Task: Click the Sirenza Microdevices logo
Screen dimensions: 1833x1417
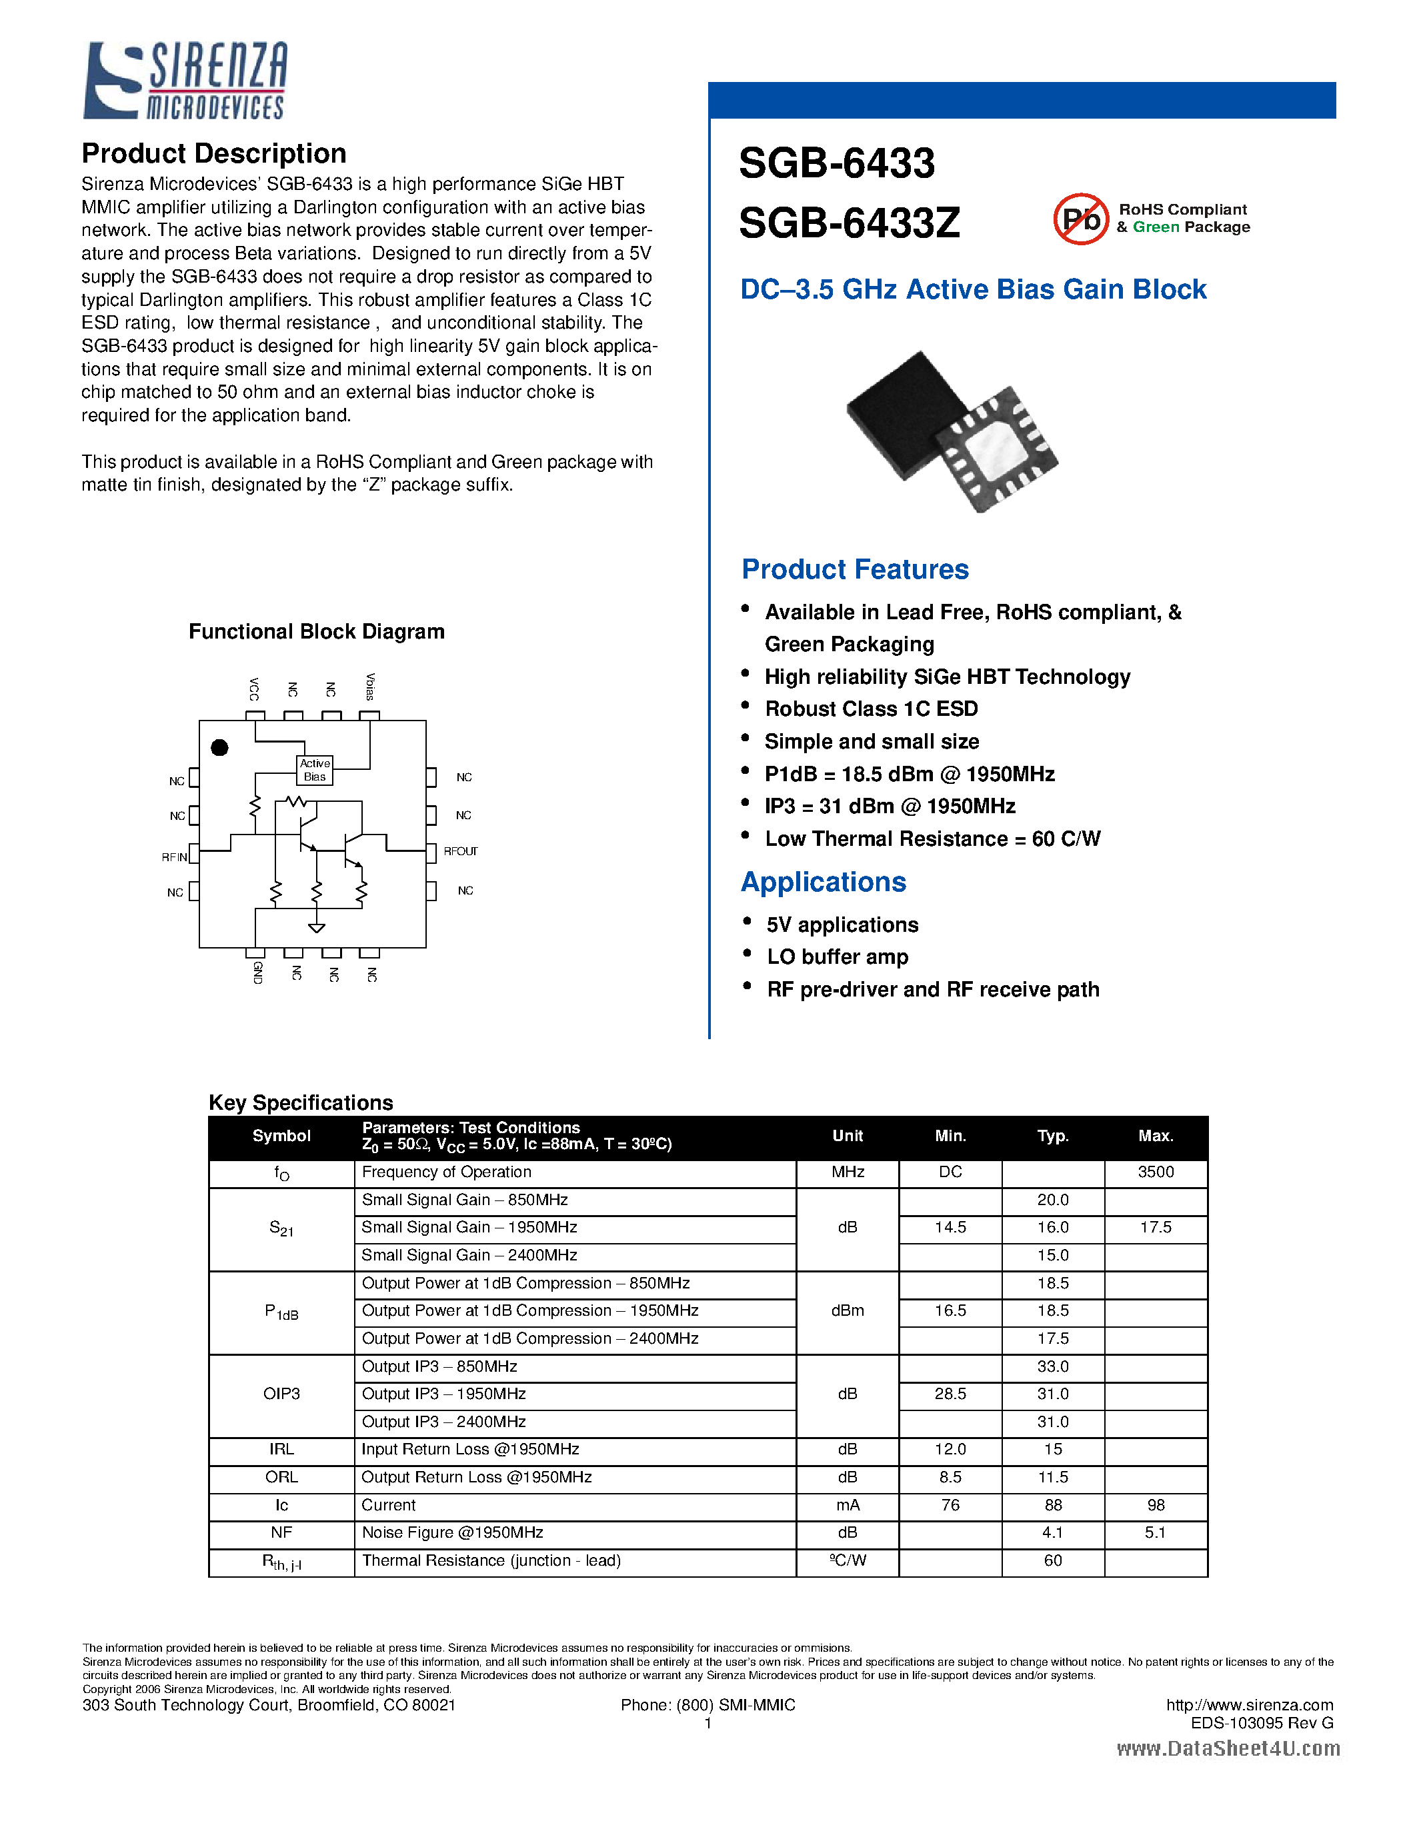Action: click(x=185, y=81)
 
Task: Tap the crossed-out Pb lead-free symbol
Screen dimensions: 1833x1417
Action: click(x=1081, y=219)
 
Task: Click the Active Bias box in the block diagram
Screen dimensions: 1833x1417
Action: click(x=315, y=770)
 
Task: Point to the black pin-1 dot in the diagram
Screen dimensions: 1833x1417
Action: click(x=220, y=747)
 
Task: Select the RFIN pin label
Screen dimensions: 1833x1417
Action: click(x=174, y=857)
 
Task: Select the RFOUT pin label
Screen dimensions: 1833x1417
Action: click(x=461, y=851)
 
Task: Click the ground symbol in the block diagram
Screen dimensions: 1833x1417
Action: click(x=317, y=927)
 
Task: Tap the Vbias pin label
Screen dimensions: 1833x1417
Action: click(x=370, y=687)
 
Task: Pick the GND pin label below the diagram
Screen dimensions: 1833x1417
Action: click(x=257, y=972)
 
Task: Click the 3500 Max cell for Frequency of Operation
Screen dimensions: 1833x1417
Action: click(x=1155, y=1172)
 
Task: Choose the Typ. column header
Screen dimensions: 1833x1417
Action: click(x=1053, y=1136)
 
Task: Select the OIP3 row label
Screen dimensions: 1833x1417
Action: click(x=281, y=1394)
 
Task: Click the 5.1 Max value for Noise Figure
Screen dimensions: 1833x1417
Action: click(x=1155, y=1532)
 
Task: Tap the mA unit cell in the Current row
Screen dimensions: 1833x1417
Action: click(x=847, y=1505)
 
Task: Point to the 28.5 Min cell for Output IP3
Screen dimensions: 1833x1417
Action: click(x=950, y=1394)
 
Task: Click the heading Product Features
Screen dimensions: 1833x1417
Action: click(x=855, y=569)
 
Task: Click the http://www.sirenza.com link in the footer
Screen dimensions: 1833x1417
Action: click(x=1249, y=1704)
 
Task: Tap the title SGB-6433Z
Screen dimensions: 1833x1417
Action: click(x=849, y=223)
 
